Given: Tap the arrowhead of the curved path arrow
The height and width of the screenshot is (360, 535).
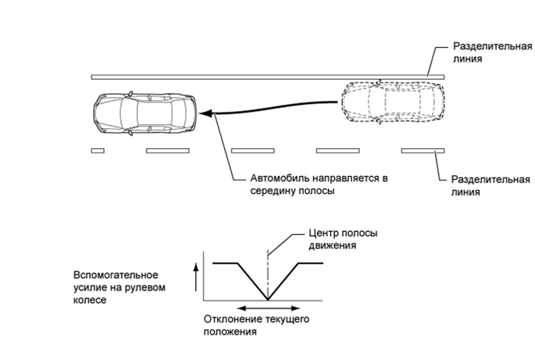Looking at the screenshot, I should pyautogui.click(x=203, y=114).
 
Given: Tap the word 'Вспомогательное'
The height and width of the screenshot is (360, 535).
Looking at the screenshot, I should pyautogui.click(x=116, y=275).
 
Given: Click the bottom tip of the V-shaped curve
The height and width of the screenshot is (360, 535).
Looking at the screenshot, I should pyautogui.click(x=267, y=300).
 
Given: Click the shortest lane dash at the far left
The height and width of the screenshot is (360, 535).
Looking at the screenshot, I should pyautogui.click(x=97, y=150).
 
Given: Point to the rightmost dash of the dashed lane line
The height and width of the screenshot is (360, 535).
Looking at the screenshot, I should pyautogui.click(x=422, y=150).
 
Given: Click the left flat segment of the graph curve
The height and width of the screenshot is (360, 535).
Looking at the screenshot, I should pyautogui.click(x=226, y=264).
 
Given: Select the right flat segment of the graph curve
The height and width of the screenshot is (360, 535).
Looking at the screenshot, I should pyautogui.click(x=311, y=264).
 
